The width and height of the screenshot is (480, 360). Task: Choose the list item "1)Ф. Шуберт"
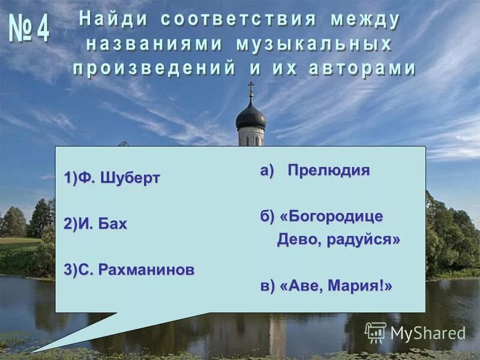pyautogui.click(x=112, y=178)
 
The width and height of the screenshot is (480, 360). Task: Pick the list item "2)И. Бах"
pyautogui.click(x=95, y=224)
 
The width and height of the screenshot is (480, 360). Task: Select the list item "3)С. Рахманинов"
pyautogui.click(x=129, y=269)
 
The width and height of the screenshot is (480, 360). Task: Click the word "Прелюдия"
pyautogui.click(x=328, y=170)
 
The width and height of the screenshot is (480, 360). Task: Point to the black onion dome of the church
pyautogui.click(x=251, y=116)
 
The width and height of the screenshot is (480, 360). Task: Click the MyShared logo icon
pyautogui.click(x=376, y=332)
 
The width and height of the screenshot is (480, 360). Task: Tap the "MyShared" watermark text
pyautogui.click(x=428, y=333)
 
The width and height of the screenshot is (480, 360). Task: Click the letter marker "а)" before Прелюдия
pyautogui.click(x=266, y=170)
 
